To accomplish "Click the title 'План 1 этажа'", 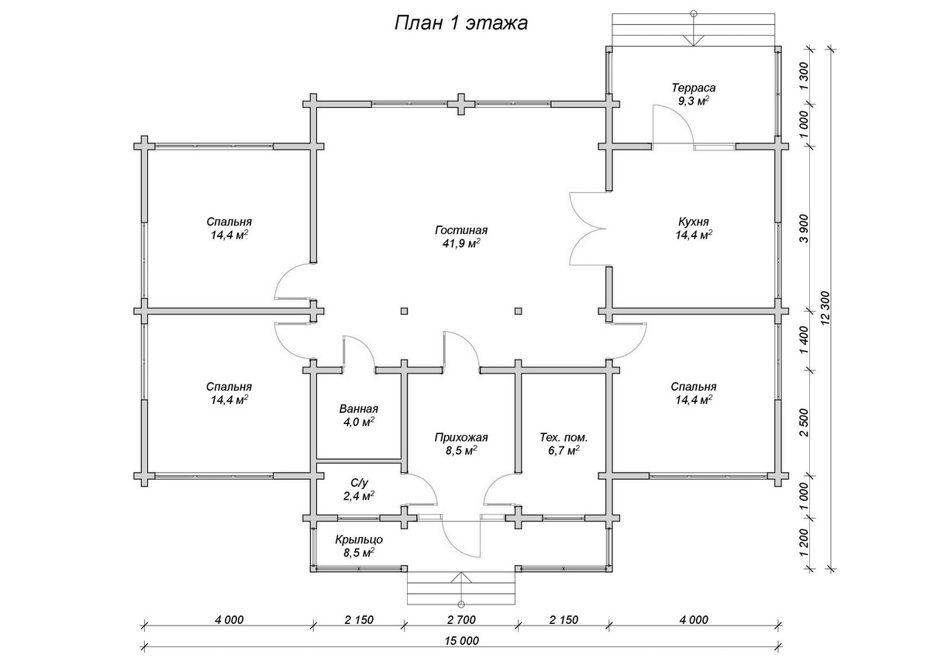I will [x=460, y=23].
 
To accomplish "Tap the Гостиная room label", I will [x=460, y=230].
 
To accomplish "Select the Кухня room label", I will [x=694, y=221].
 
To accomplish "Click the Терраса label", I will [x=694, y=88].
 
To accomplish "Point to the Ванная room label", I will [x=358, y=409].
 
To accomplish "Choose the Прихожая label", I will [x=460, y=437].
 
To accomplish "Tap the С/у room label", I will [x=359, y=482].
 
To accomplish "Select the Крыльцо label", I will [x=358, y=539].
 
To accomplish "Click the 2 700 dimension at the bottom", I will [x=460, y=619].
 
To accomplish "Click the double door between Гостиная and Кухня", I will [x=587, y=228].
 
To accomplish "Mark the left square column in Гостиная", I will [x=404, y=312].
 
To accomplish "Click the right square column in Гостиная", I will [x=518, y=312].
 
